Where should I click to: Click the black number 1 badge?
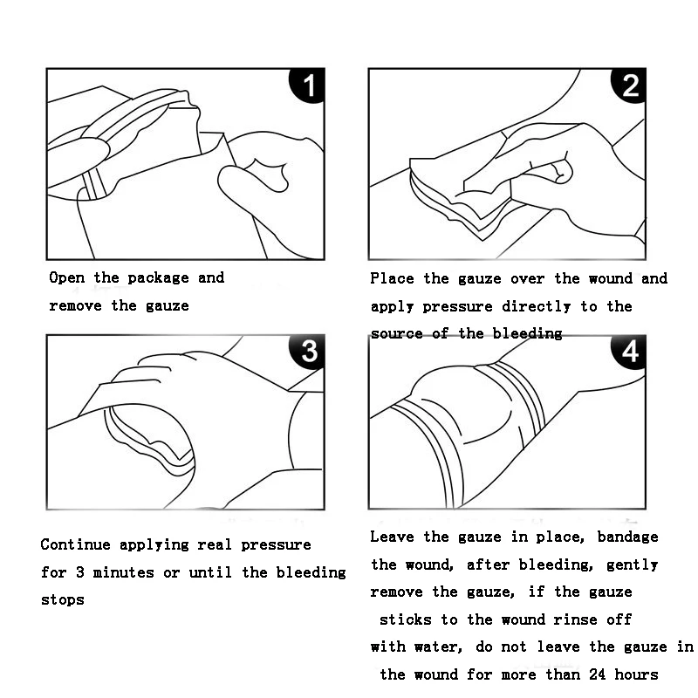pos(308,85)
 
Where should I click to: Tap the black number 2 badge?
pos(629,85)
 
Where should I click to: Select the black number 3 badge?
pos(308,352)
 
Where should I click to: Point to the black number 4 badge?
pos(629,352)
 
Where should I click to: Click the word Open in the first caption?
pos(67,277)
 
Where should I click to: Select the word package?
pos(158,278)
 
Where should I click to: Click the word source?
pos(397,334)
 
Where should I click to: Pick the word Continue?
pos(75,544)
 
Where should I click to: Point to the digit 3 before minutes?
pos(79,572)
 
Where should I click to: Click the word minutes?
pos(123,572)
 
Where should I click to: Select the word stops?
pos(62,600)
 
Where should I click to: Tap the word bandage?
pos(627,537)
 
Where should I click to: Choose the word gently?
pos(632,565)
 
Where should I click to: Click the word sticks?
pos(406,619)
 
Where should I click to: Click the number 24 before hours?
pos(598,674)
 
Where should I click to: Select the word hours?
pos(637,674)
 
